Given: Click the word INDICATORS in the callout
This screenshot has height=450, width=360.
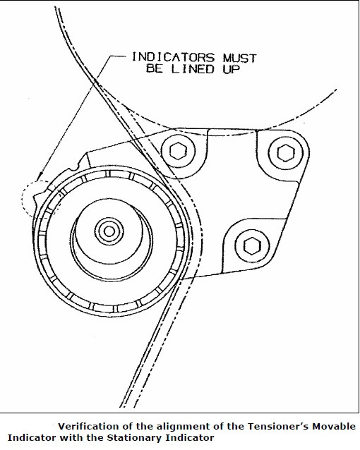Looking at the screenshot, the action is click(173, 57).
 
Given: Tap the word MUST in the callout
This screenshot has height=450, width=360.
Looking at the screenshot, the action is click(239, 59).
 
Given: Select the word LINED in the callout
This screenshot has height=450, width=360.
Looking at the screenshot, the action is click(193, 69).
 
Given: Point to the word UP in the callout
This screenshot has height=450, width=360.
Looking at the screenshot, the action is click(231, 69).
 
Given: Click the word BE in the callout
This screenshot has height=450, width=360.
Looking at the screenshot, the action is click(155, 68).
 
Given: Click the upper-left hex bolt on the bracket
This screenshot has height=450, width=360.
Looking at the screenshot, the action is click(178, 151).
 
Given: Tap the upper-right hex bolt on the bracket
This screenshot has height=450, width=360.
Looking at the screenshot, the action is click(286, 153).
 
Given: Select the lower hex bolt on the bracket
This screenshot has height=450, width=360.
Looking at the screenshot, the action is click(252, 245).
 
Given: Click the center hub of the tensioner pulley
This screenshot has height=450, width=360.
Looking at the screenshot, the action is click(109, 231).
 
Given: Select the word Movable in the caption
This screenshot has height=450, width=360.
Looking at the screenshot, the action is click(334, 426).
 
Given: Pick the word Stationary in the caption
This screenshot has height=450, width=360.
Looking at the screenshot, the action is click(134, 438).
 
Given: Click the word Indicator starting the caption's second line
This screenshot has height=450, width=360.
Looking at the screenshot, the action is click(32, 438).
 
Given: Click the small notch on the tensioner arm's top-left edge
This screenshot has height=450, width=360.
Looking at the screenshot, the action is click(76, 166).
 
